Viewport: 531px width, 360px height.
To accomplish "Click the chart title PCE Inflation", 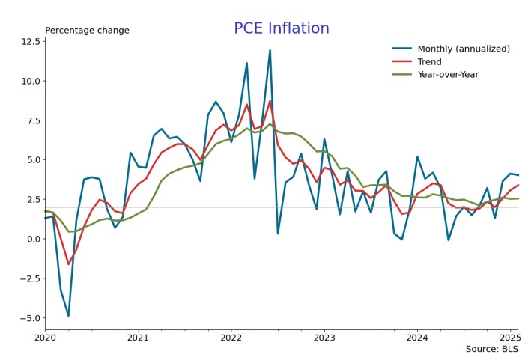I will click(281, 28).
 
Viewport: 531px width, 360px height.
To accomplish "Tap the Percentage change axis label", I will click(87, 31).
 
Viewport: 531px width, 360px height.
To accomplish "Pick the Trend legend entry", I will click(429, 61).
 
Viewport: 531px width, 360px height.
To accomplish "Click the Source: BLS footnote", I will click(491, 349).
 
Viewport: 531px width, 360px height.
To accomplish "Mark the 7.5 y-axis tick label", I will click(31, 120).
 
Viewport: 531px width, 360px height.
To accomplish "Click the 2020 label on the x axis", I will click(45, 338).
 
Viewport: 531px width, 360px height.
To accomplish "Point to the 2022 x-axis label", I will click(231, 338).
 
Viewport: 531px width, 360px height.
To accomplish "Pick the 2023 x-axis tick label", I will click(324, 338).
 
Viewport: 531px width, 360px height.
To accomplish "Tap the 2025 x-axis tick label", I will click(509, 338).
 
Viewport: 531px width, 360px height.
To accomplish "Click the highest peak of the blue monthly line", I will click(270, 50).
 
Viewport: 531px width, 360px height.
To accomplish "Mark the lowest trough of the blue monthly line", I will click(68, 316).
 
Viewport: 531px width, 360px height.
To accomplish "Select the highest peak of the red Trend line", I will click(270, 100).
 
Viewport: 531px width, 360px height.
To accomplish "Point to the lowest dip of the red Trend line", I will click(68, 264).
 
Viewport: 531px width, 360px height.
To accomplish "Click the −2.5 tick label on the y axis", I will click(28, 278).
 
